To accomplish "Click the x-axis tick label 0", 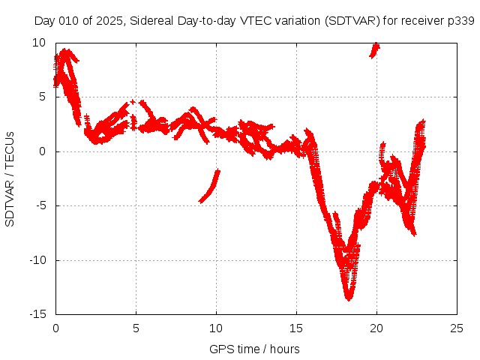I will point(55,328).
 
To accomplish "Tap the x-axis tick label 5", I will point(136,328).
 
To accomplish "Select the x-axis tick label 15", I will point(296,328).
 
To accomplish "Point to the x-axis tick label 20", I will point(376,328).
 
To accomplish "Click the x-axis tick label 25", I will point(457,328).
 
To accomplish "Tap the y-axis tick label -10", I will point(40,260).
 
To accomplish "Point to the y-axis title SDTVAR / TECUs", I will point(10,178).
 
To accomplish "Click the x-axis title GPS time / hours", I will point(255,349).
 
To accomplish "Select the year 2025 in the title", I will point(110,20).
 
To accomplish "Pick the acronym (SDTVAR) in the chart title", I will point(352,20).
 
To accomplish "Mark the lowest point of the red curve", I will point(349,298).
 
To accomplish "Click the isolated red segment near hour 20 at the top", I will point(374,49).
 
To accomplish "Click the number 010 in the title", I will point(70,20).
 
